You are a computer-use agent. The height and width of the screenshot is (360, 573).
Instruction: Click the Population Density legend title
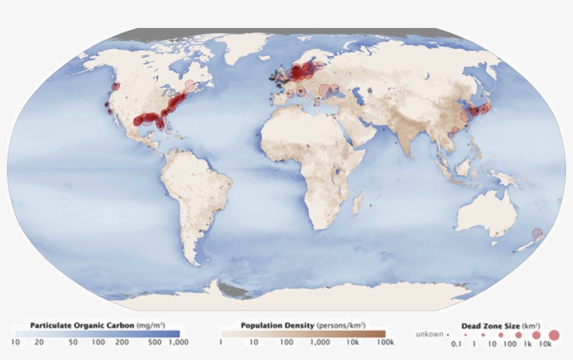pyautogui.click(x=277, y=325)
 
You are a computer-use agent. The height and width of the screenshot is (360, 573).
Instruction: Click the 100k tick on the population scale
pyautogui.click(x=385, y=343)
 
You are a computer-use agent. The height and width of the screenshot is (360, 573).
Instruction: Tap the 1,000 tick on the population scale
pyautogui.click(x=320, y=343)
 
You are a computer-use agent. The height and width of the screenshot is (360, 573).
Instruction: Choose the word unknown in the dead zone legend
pyautogui.click(x=430, y=335)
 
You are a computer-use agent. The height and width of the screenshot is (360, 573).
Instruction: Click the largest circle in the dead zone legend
pyautogui.click(x=554, y=335)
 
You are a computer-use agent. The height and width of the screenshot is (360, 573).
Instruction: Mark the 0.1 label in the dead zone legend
pyautogui.click(x=456, y=345)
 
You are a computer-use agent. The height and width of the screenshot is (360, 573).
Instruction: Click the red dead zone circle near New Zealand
pyautogui.click(x=537, y=233)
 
